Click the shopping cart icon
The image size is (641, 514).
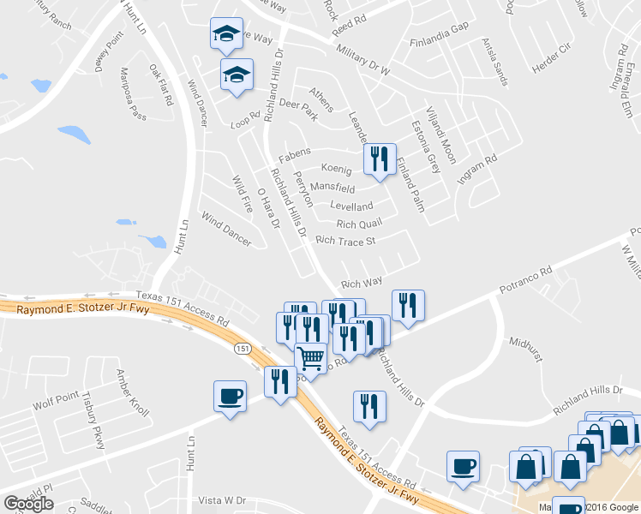tap(311, 357)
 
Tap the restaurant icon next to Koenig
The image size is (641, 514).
tap(379, 158)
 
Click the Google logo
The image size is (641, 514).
tap(28, 504)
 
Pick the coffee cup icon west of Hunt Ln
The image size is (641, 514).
tap(230, 397)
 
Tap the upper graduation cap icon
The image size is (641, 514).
tap(227, 34)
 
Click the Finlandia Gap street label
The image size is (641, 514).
tap(440, 50)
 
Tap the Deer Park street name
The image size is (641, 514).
tap(298, 110)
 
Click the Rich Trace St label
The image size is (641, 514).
tap(346, 241)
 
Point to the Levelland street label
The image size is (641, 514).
tap(351, 206)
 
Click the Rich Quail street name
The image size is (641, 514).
tap(358, 224)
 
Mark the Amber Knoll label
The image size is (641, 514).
tap(132, 393)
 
